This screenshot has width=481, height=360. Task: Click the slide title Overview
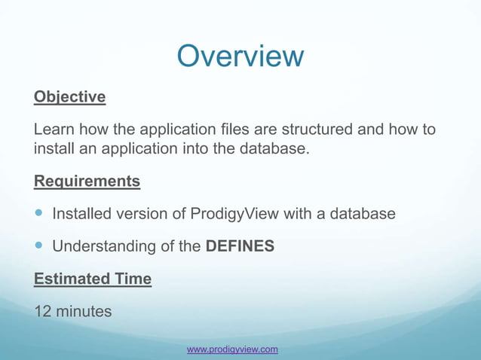(x=240, y=56)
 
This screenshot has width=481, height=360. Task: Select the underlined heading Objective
(x=69, y=97)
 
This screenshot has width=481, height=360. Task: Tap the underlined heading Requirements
(x=87, y=182)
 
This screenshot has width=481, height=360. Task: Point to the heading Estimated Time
(x=93, y=279)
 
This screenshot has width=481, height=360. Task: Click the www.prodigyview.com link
(x=232, y=349)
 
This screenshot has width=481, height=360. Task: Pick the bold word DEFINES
(x=240, y=246)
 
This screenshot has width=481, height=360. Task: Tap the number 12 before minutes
(x=44, y=311)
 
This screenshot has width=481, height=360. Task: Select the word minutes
(x=85, y=311)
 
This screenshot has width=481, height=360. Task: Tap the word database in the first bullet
(x=360, y=214)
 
